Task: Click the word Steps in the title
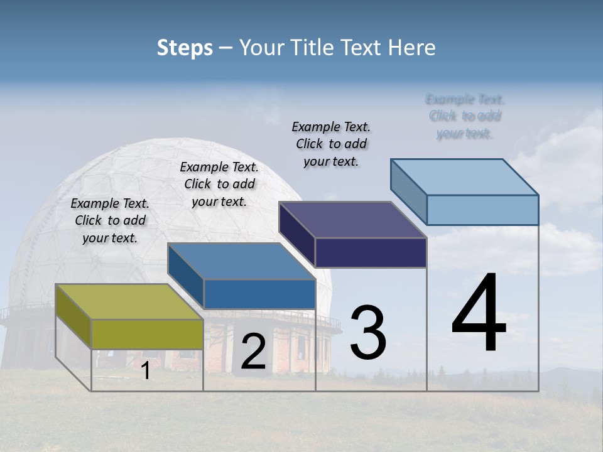pos(185,48)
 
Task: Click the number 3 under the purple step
pos(368,333)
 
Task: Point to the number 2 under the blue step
pos(253,352)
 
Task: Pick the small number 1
pos(145,371)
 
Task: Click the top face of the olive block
pos(129,302)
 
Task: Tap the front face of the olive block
pos(147,334)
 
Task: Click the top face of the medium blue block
pos(241,261)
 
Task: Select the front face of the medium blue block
pos(259,294)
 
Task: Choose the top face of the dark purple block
pos(352,220)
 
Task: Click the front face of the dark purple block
pos(371,252)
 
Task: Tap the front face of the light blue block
pos(482,210)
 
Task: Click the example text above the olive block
pos(110,220)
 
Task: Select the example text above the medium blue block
pos(219,184)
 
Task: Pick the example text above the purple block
pos(331,144)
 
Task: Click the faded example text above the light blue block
pos(465,116)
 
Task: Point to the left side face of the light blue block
pos(408,191)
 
